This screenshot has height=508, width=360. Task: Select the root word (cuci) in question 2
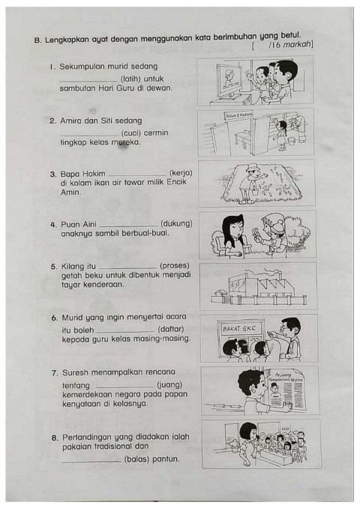coord(133,132)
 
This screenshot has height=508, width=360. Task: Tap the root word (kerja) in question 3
coord(180,172)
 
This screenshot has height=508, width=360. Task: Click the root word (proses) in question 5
coord(174,265)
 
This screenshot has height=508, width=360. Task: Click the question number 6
coord(54,318)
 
